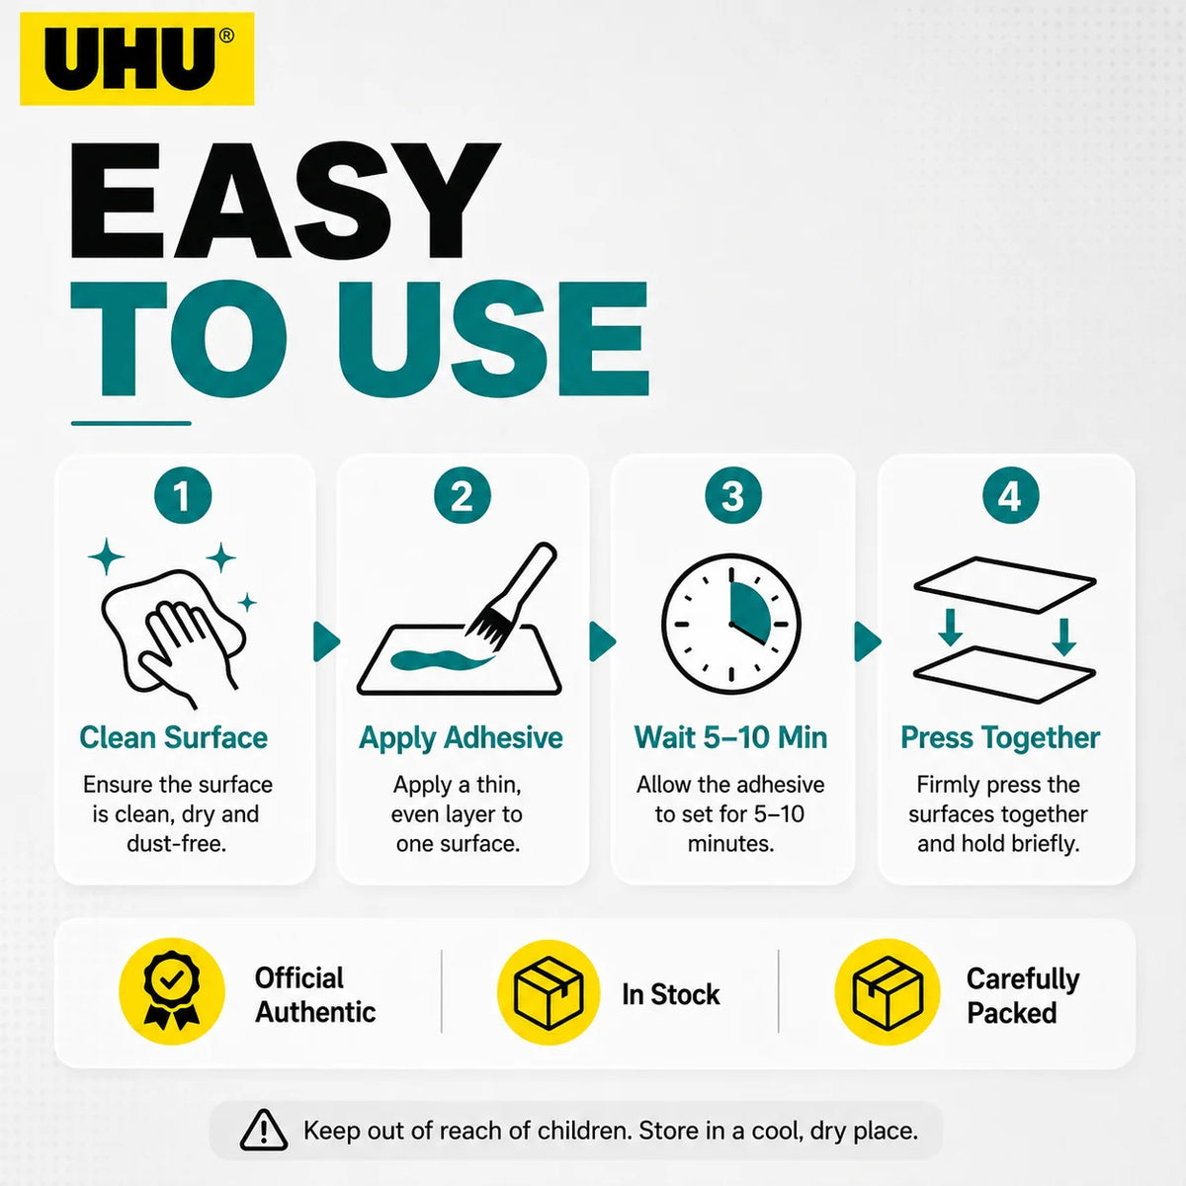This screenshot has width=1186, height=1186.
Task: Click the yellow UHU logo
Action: [136, 58]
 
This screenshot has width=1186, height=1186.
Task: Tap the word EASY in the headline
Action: [286, 201]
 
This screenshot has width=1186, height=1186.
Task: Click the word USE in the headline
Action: [493, 339]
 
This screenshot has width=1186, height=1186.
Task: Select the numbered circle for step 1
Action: [183, 495]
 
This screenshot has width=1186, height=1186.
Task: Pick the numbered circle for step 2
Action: [463, 495]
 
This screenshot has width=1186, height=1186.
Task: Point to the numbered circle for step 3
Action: [732, 495]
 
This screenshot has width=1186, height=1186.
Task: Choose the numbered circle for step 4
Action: [1010, 495]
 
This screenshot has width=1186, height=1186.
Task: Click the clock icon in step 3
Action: [731, 624]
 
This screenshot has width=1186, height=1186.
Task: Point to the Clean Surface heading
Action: [174, 737]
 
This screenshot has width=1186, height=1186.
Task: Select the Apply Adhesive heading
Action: [461, 738]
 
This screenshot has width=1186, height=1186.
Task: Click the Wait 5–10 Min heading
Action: [730, 737]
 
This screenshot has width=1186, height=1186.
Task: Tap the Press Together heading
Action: [1000, 738]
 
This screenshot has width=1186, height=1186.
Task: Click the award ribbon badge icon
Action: [172, 991]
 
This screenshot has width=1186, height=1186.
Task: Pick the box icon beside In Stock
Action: [549, 992]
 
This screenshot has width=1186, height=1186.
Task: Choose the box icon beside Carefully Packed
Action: [888, 992]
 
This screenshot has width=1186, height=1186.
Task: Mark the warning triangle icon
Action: [264, 1131]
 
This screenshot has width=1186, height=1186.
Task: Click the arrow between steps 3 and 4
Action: [867, 642]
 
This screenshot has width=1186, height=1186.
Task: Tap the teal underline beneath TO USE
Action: [131, 423]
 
